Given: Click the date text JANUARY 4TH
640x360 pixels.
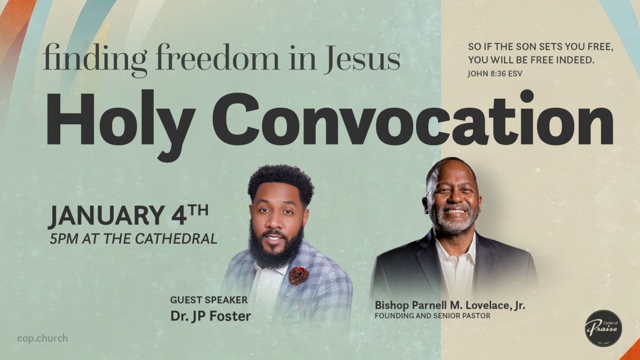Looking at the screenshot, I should (x=128, y=216).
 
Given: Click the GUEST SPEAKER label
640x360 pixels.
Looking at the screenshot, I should (x=209, y=300).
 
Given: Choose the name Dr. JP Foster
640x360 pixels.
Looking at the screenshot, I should (x=211, y=316).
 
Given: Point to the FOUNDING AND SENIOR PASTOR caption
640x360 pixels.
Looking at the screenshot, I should (x=433, y=316).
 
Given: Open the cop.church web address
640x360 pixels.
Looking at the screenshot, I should (x=42, y=338).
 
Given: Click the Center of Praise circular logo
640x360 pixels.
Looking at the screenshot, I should (x=603, y=327).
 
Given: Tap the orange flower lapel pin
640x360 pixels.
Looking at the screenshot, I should (x=299, y=276).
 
